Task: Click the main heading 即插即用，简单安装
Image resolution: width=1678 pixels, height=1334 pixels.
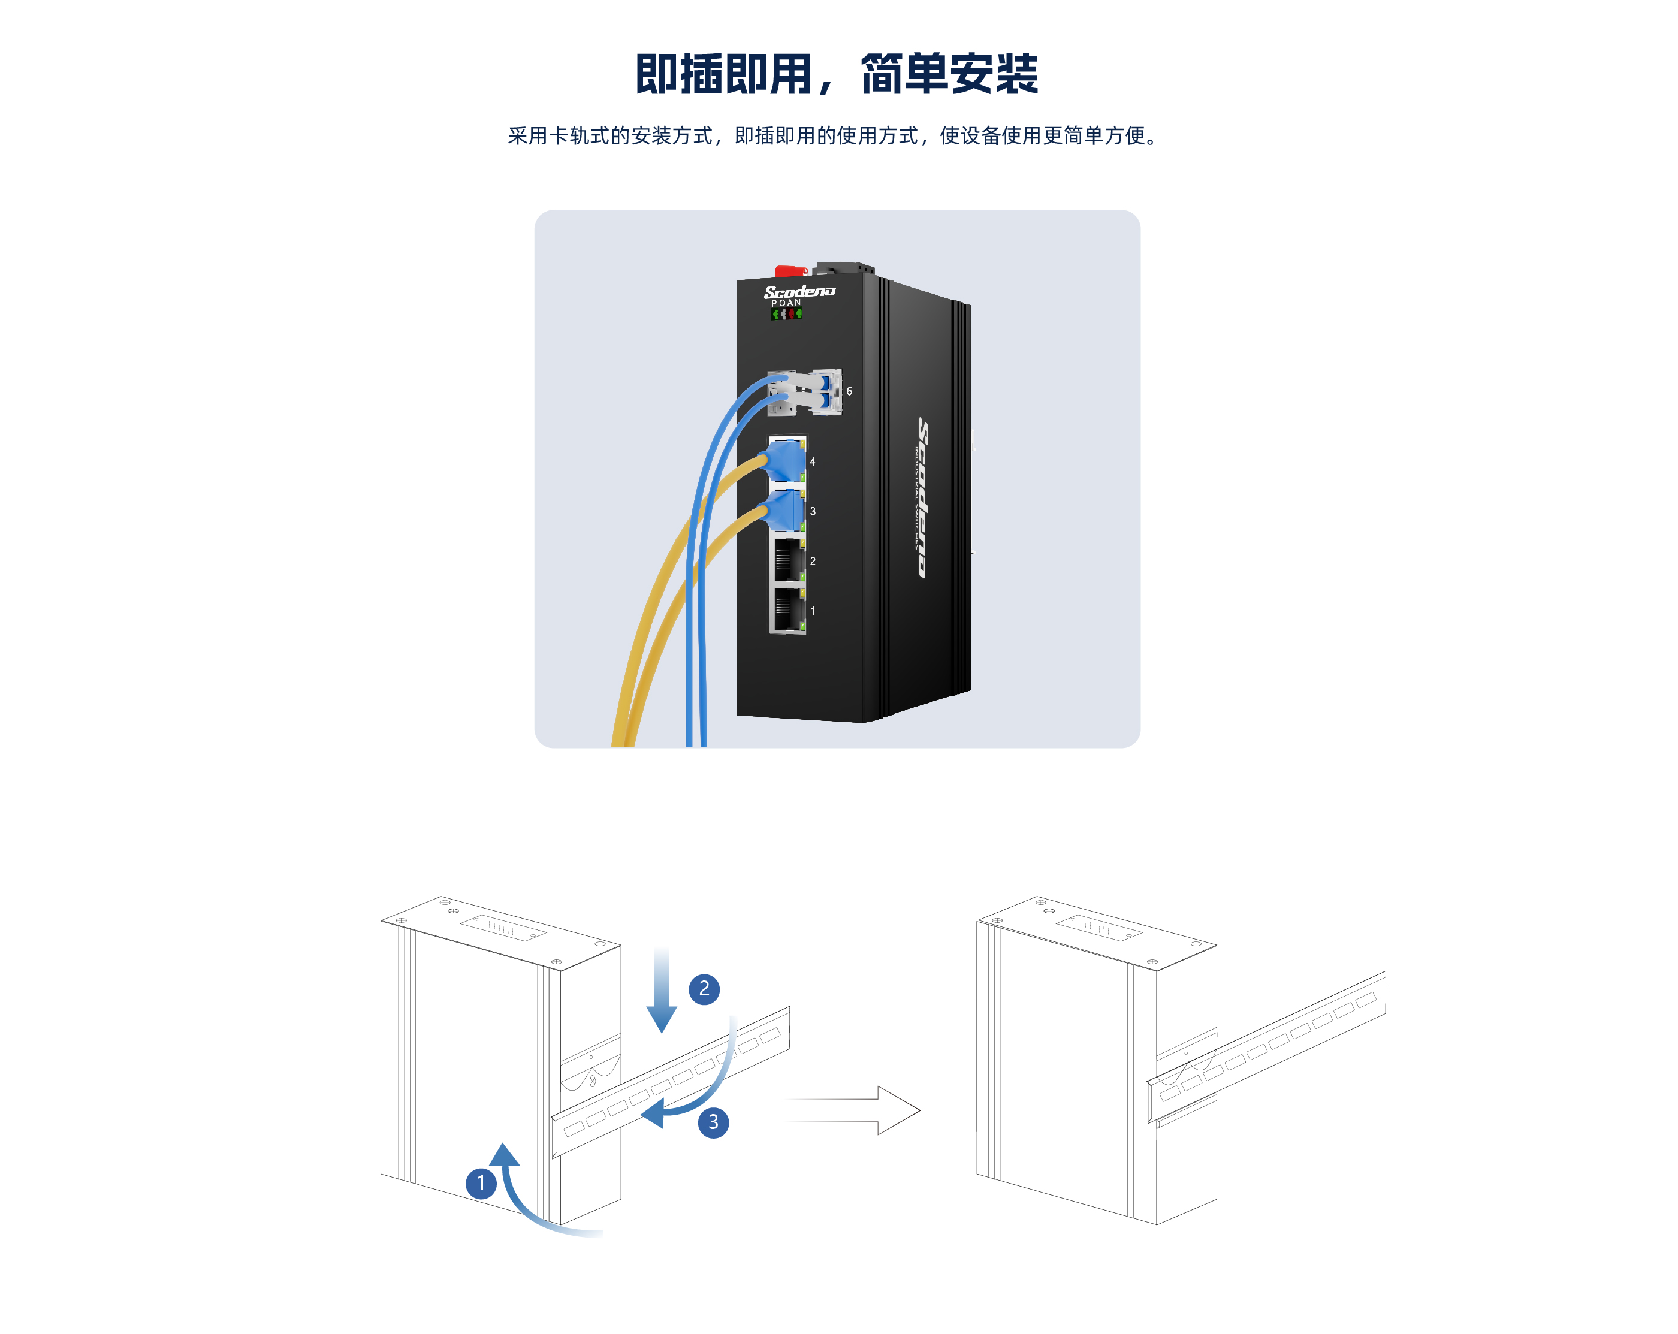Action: [x=837, y=75]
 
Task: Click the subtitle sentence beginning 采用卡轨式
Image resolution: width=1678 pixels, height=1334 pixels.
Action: [x=833, y=136]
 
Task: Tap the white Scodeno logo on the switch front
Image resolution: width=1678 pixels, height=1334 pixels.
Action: [x=799, y=292]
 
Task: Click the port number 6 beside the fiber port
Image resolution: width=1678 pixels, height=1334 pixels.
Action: [x=849, y=391]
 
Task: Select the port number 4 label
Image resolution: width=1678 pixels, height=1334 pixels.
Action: [x=813, y=461]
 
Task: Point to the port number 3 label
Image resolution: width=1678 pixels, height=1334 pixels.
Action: [x=813, y=511]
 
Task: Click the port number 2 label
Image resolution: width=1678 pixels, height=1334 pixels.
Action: [x=813, y=561]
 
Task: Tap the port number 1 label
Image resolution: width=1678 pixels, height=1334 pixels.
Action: [x=813, y=611]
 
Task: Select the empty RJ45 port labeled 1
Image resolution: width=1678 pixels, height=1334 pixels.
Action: [x=787, y=610]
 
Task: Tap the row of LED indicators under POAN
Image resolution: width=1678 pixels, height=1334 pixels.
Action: [x=786, y=313]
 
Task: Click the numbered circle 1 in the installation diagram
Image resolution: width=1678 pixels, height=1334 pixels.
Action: [x=481, y=1183]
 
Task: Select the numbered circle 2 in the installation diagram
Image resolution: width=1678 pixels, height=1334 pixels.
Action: [x=704, y=988]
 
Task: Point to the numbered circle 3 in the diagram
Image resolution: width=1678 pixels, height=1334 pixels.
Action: [x=713, y=1122]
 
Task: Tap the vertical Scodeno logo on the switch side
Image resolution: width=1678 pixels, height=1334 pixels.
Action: [x=923, y=498]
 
